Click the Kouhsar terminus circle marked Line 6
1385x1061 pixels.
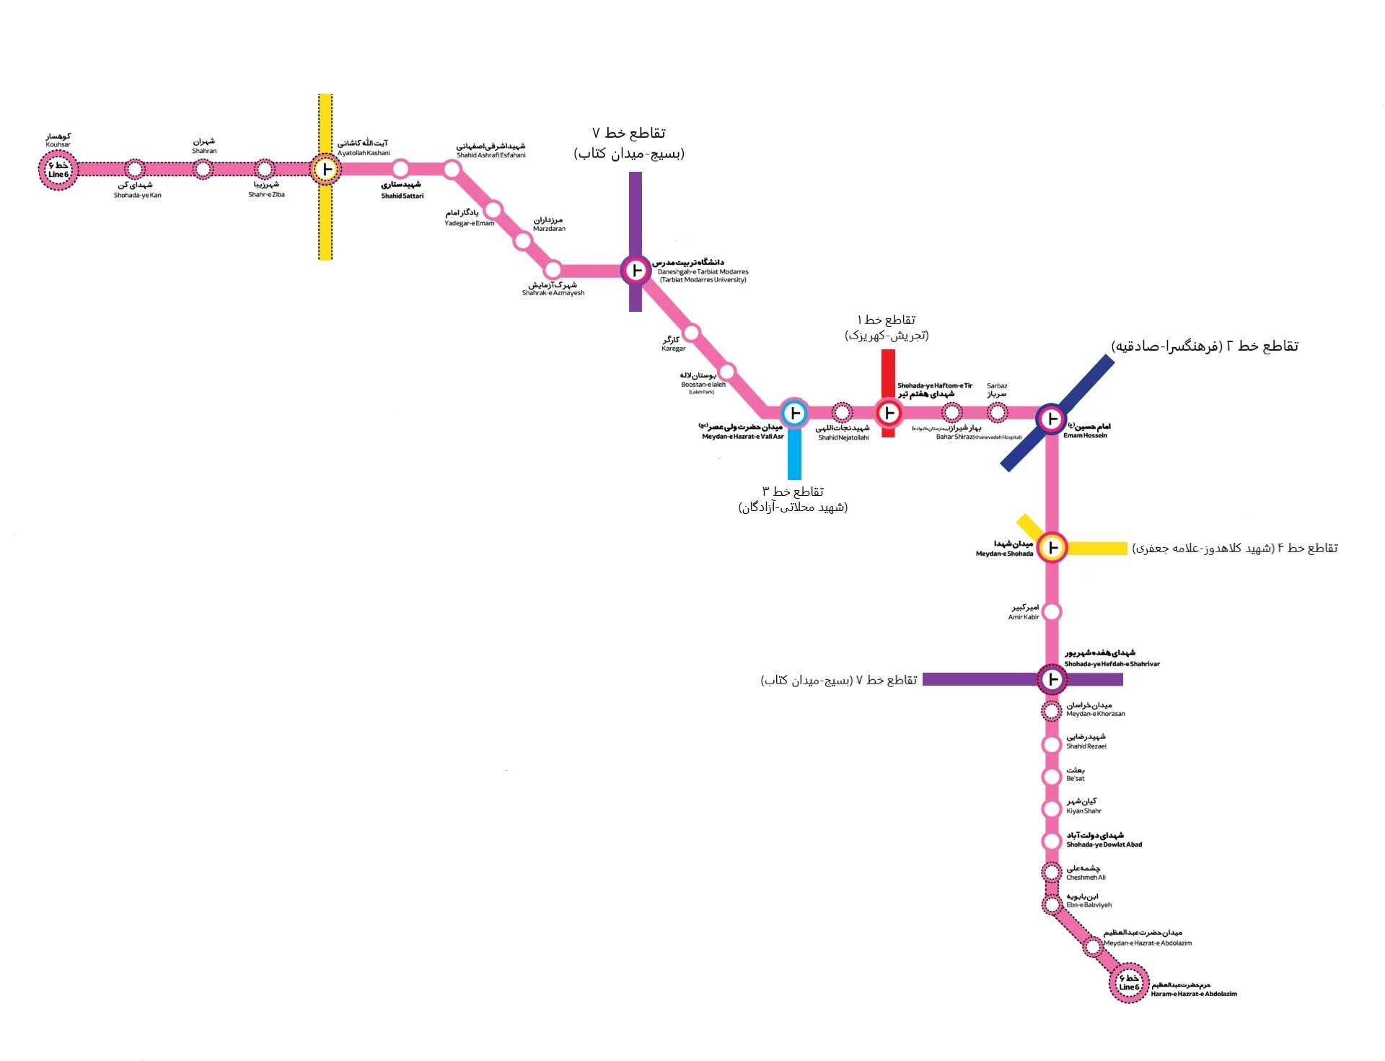click(x=58, y=170)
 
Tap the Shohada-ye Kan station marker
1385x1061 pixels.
click(x=135, y=170)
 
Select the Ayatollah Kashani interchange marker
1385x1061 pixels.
click(x=326, y=170)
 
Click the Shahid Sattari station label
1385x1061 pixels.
click(x=402, y=191)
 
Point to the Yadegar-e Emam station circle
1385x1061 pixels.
click(x=493, y=210)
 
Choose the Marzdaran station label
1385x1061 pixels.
click(x=549, y=224)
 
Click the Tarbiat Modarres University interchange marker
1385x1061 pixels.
click(x=636, y=271)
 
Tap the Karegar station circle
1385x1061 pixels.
click(x=691, y=333)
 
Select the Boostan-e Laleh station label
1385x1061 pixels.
click(x=702, y=380)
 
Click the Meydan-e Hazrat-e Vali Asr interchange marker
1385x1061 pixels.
click(x=794, y=414)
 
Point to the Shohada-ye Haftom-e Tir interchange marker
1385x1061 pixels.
click(x=889, y=413)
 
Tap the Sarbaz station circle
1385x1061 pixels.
click(x=997, y=413)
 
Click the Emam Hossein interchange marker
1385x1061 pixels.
click(x=1052, y=419)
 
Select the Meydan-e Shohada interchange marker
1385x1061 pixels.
click(x=1052, y=547)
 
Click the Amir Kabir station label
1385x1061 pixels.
click(x=1024, y=612)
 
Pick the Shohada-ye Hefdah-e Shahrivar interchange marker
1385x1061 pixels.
click(x=1052, y=679)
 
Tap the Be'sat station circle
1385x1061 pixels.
click(x=1052, y=777)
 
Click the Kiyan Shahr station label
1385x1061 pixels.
click(x=1083, y=806)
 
